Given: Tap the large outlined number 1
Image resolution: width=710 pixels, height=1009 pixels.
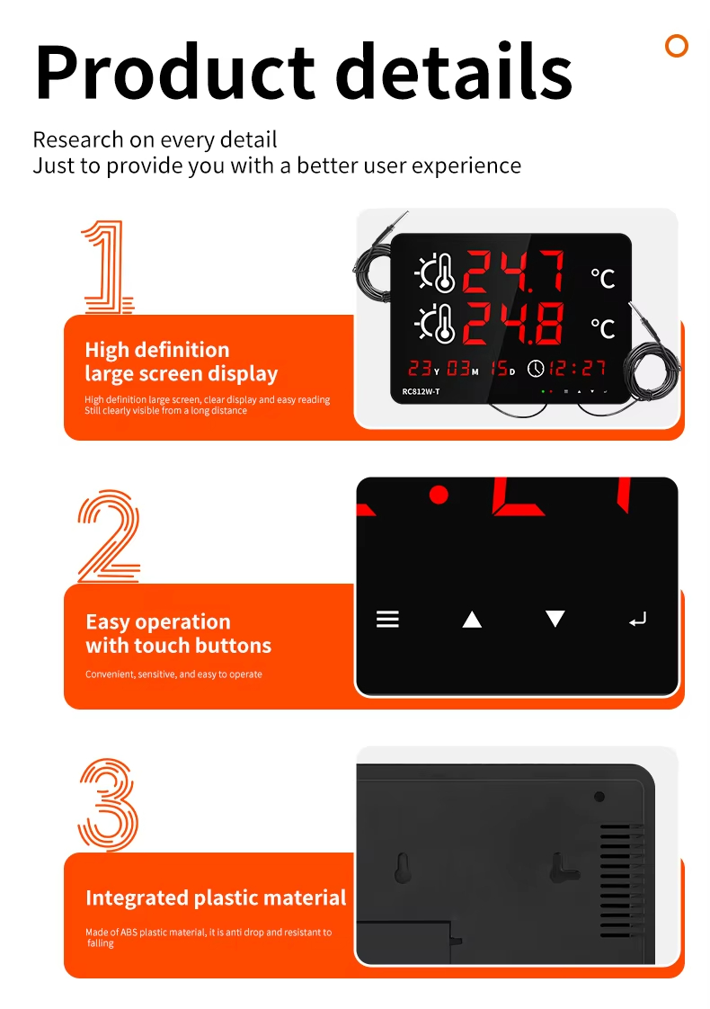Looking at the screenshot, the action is click(108, 266).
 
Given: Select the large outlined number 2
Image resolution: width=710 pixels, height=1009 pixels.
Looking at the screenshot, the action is click(108, 536).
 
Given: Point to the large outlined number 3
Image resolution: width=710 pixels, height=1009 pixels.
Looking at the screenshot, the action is click(108, 804).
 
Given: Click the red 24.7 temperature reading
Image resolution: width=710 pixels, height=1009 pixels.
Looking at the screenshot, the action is click(514, 272).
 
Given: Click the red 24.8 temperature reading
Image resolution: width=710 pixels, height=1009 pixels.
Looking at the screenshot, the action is click(514, 323).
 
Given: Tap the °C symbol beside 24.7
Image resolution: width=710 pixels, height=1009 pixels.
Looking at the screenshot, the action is click(602, 278).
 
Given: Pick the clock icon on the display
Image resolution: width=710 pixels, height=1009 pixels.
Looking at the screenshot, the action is click(536, 369).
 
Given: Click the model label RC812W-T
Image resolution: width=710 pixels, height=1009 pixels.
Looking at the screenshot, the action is click(421, 391).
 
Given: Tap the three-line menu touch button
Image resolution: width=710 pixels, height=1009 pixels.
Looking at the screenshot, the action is click(387, 619).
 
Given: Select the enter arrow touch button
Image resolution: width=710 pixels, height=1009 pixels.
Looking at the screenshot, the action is click(637, 619).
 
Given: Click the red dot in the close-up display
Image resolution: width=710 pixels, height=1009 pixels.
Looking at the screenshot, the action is click(439, 495).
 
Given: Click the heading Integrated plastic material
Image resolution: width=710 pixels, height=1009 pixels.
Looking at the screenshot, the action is click(216, 897).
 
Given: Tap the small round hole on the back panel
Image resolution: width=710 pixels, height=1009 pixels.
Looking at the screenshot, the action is click(599, 797).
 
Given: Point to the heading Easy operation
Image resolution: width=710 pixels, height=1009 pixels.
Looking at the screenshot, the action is click(158, 621).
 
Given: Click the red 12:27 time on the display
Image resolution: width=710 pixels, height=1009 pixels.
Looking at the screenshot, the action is click(578, 368).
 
